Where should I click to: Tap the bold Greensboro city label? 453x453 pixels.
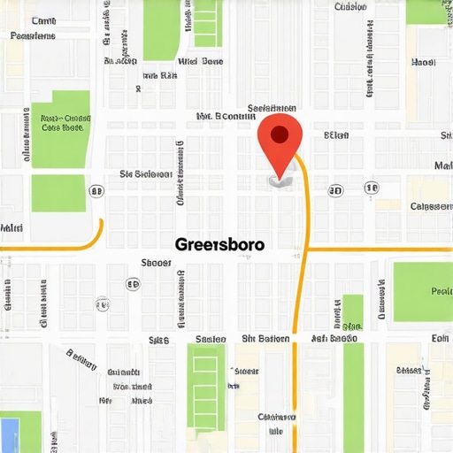click(219, 243)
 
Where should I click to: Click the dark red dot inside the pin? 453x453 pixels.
click(279, 134)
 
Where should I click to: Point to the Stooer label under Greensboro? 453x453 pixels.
click(157, 263)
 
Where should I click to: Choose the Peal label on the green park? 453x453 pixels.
click(441, 290)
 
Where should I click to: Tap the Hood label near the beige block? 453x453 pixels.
click(424, 63)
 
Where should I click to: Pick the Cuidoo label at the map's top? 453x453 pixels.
click(350, 7)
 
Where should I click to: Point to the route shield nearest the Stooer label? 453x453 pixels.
click(134, 284)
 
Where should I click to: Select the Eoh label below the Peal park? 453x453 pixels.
click(440, 338)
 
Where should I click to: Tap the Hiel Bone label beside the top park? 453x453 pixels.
click(200, 62)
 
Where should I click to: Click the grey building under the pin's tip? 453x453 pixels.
click(278, 180)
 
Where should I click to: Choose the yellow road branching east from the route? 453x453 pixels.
click(380, 250)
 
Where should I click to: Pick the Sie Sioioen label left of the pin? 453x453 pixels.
click(146, 174)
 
